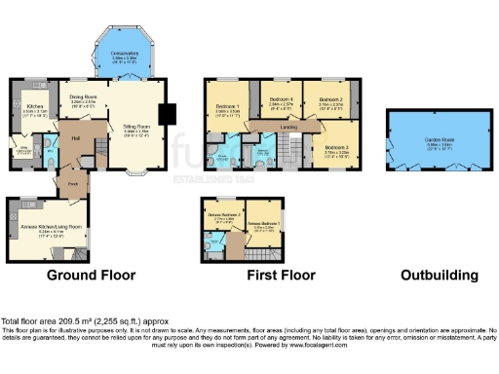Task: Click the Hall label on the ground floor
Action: coord(75,138)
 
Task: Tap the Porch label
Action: coord(72,182)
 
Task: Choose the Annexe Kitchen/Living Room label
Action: coord(49,229)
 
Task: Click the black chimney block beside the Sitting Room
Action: coord(165,114)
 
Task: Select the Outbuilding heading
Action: coord(440,276)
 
